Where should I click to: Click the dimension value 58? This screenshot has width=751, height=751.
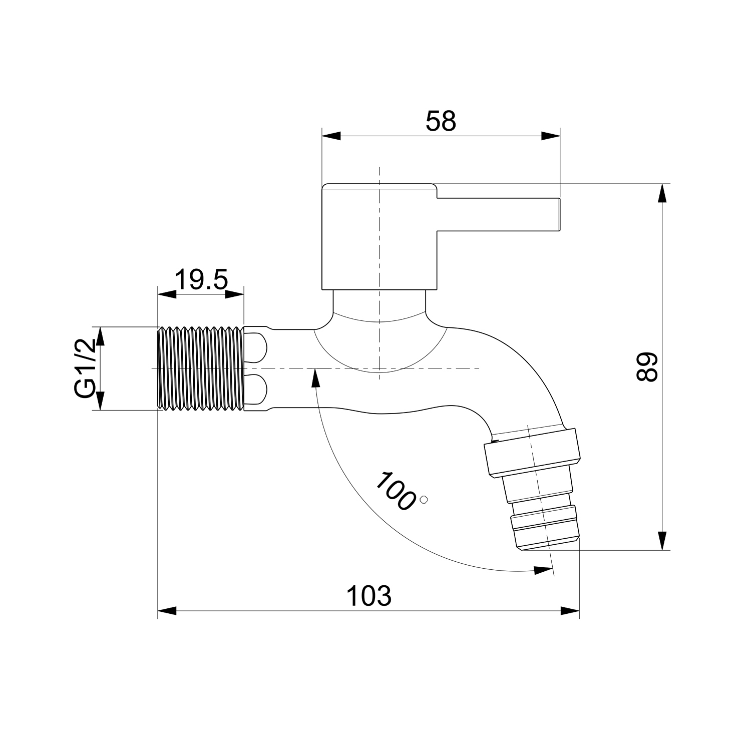coord(441,121)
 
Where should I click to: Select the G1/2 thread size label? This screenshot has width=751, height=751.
coord(85,368)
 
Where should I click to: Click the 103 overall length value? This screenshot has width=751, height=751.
coord(369,596)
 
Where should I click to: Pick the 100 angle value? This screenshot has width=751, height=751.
coord(396,491)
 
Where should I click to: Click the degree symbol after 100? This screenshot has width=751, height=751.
coord(425,499)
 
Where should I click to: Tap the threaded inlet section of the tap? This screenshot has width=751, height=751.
coord(201,369)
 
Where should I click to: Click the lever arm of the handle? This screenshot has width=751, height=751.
coord(498,215)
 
